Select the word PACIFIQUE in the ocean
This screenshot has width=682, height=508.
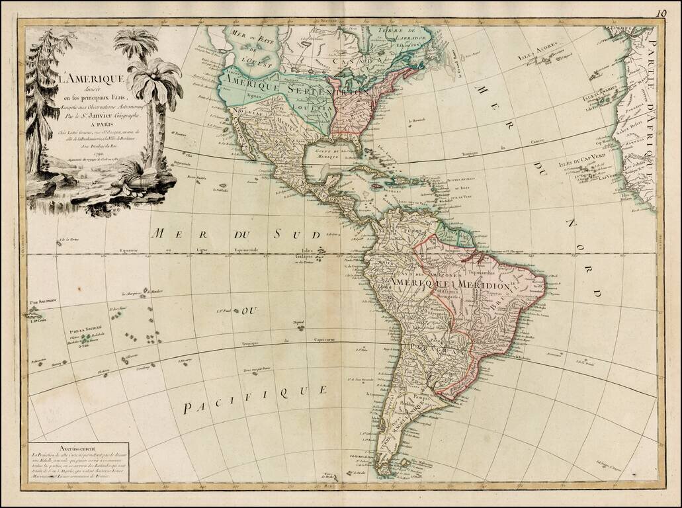255,398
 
